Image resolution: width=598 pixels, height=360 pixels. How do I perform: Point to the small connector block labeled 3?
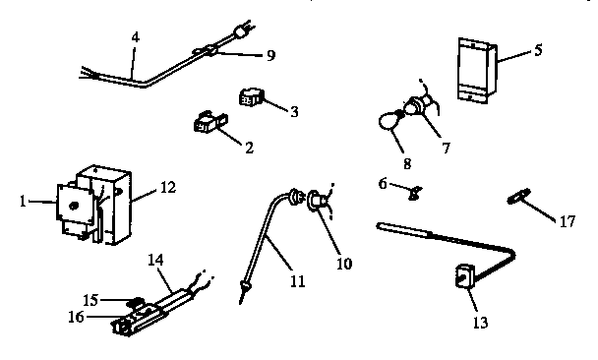point(251,97)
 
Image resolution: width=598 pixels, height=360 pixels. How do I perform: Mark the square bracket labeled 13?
point(461,277)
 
